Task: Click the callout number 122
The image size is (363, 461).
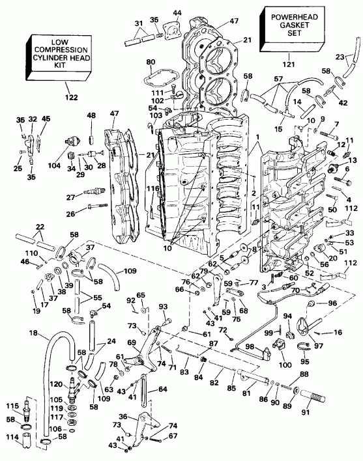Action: (71, 97)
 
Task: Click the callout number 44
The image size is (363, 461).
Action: (178, 13)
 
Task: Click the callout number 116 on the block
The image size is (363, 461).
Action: (152, 188)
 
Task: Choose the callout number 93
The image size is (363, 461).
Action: (163, 307)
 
